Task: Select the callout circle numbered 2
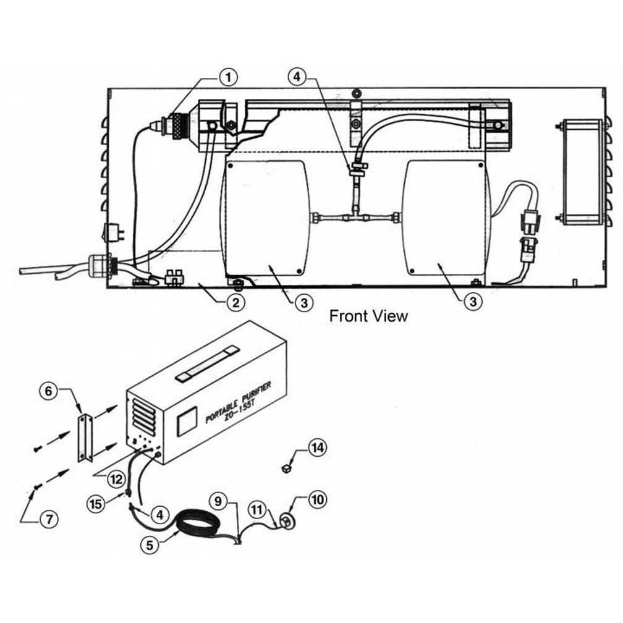pyautogui.click(x=235, y=302)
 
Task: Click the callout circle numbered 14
pyautogui.click(x=318, y=447)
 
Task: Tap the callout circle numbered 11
pyautogui.click(x=258, y=510)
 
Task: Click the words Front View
pyautogui.click(x=368, y=316)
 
